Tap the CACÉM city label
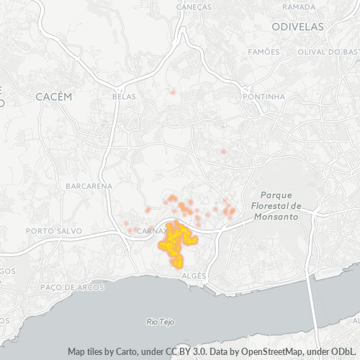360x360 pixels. [x=54, y=96]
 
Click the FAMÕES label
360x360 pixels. [x=263, y=52]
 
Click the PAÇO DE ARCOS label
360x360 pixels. [x=72, y=287]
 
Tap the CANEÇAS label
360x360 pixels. [x=194, y=6]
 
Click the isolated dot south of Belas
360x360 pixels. [x=173, y=91]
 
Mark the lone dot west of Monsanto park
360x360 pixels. [x=223, y=151]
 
